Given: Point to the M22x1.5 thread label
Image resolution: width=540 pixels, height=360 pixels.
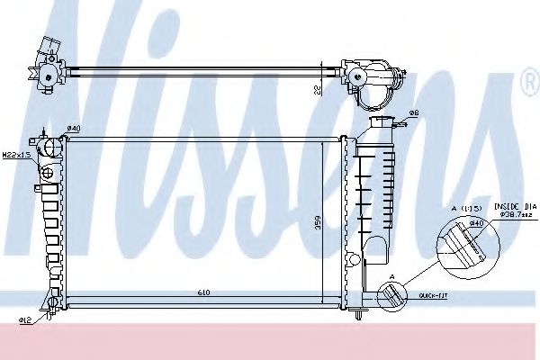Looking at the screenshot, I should pos(15,154).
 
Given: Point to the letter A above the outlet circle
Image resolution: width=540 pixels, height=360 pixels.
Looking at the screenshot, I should pos(391,277).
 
